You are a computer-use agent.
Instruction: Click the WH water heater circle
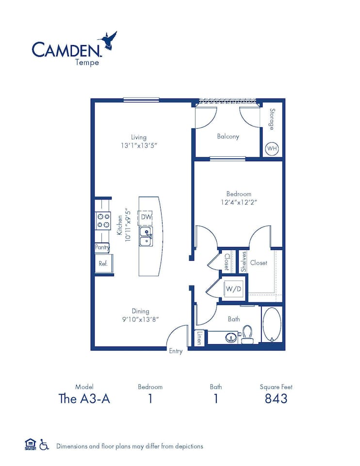(x=272, y=149)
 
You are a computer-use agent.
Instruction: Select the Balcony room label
(x=228, y=136)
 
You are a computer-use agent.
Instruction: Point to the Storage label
(x=272, y=119)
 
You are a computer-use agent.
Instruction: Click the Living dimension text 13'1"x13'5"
(x=138, y=145)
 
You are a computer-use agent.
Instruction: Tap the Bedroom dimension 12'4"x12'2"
(x=239, y=202)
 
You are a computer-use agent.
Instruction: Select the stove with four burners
(x=103, y=221)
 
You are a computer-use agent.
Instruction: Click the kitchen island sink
(x=146, y=236)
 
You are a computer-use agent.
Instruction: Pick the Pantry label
(x=102, y=248)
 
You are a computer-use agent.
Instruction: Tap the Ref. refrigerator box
(x=103, y=264)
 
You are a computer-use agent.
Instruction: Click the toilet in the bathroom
(x=247, y=334)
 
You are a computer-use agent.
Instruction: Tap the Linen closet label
(x=198, y=337)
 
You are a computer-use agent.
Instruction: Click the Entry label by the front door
(x=176, y=351)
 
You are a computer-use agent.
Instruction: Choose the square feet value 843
(x=276, y=399)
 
